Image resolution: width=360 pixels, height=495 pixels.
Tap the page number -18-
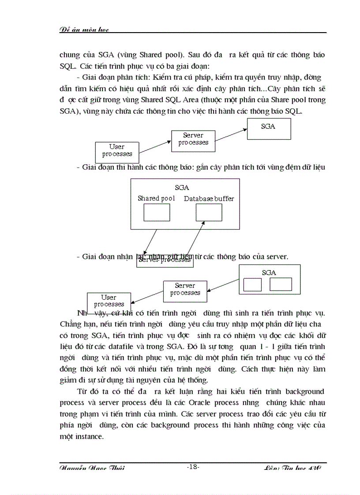click(x=193, y=467)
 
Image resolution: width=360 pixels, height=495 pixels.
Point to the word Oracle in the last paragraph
click(x=202, y=403)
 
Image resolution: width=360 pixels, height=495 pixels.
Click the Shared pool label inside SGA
click(x=156, y=198)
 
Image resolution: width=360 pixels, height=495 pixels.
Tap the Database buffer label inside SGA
click(x=209, y=198)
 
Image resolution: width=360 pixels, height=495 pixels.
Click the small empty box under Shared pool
click(x=157, y=212)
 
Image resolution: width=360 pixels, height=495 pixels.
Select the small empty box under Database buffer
click(x=209, y=212)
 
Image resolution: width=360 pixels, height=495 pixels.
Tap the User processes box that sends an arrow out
click(x=117, y=151)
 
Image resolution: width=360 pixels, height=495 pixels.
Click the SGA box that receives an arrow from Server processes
click(x=269, y=129)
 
